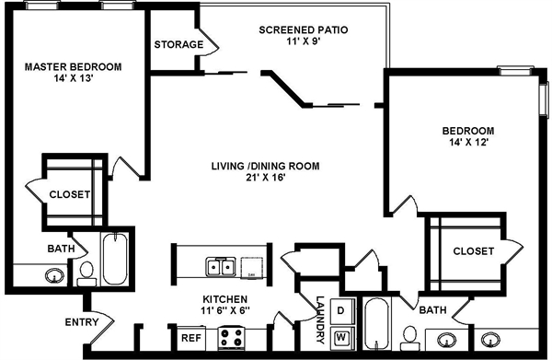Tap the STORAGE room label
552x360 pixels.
178,44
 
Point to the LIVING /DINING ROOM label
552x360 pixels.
264,166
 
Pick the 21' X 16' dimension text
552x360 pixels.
264,179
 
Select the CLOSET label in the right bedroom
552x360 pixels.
472,250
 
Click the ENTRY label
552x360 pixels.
81,322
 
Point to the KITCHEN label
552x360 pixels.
224,299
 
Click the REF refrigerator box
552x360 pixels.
190,338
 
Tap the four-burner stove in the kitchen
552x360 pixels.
232,337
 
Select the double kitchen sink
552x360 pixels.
220,268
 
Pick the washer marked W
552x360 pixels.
341,338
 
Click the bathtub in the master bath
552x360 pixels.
115,259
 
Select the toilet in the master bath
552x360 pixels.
86,270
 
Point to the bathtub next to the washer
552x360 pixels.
376,328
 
